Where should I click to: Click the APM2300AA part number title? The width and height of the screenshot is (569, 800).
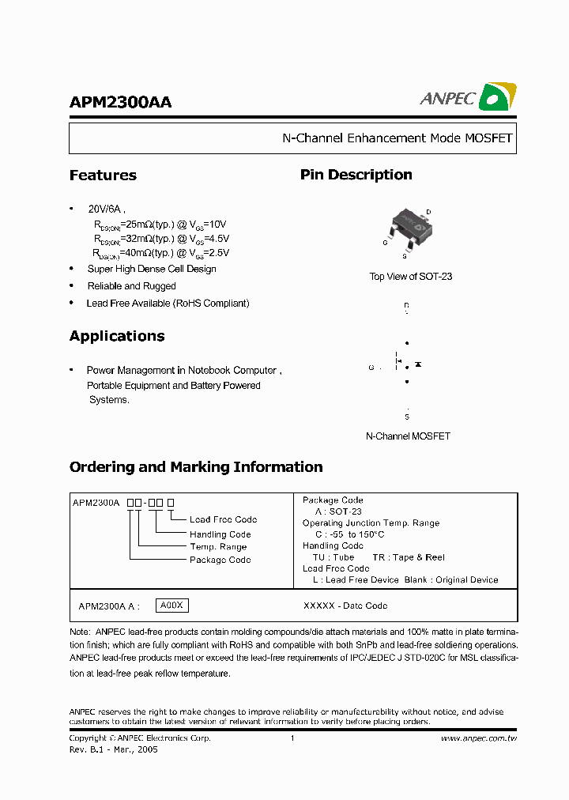click(120, 102)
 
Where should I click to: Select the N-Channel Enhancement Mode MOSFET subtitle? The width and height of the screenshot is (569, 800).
click(398, 138)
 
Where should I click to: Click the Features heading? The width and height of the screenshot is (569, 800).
click(103, 175)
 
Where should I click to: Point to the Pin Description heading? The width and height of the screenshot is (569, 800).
click(356, 175)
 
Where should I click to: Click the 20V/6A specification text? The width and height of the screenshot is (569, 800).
click(106, 209)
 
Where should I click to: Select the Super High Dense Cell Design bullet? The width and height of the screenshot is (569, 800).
click(151, 269)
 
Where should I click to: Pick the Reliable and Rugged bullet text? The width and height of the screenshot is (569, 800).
click(131, 286)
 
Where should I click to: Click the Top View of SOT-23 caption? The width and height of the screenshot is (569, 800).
click(410, 277)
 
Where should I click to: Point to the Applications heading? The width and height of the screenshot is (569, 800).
click(117, 336)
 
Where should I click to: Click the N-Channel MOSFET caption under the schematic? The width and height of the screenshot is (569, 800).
click(408, 436)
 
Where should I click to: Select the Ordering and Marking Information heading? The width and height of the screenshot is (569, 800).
click(196, 467)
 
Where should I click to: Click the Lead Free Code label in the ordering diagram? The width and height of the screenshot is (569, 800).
click(223, 519)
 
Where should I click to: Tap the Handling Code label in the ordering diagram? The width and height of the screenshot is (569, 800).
click(220, 534)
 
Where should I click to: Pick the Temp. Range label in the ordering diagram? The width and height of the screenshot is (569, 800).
click(218, 547)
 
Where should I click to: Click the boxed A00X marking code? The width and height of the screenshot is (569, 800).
click(171, 606)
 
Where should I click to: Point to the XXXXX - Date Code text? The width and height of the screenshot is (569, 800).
click(345, 606)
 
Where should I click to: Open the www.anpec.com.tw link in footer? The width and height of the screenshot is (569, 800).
click(478, 738)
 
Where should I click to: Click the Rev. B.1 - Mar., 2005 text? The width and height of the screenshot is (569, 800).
click(113, 749)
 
